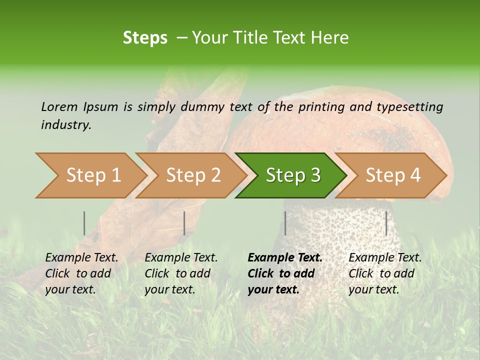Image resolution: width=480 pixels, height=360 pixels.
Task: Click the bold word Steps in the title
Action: pos(145,38)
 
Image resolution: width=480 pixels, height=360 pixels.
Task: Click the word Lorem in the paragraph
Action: pos(58,107)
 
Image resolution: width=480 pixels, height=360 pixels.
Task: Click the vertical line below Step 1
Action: pos(84,223)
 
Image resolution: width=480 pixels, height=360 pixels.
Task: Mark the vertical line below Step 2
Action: pos(184,223)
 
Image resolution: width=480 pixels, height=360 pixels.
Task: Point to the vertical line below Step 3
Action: pos(285,223)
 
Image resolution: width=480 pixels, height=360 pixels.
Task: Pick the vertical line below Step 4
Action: pos(386,223)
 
